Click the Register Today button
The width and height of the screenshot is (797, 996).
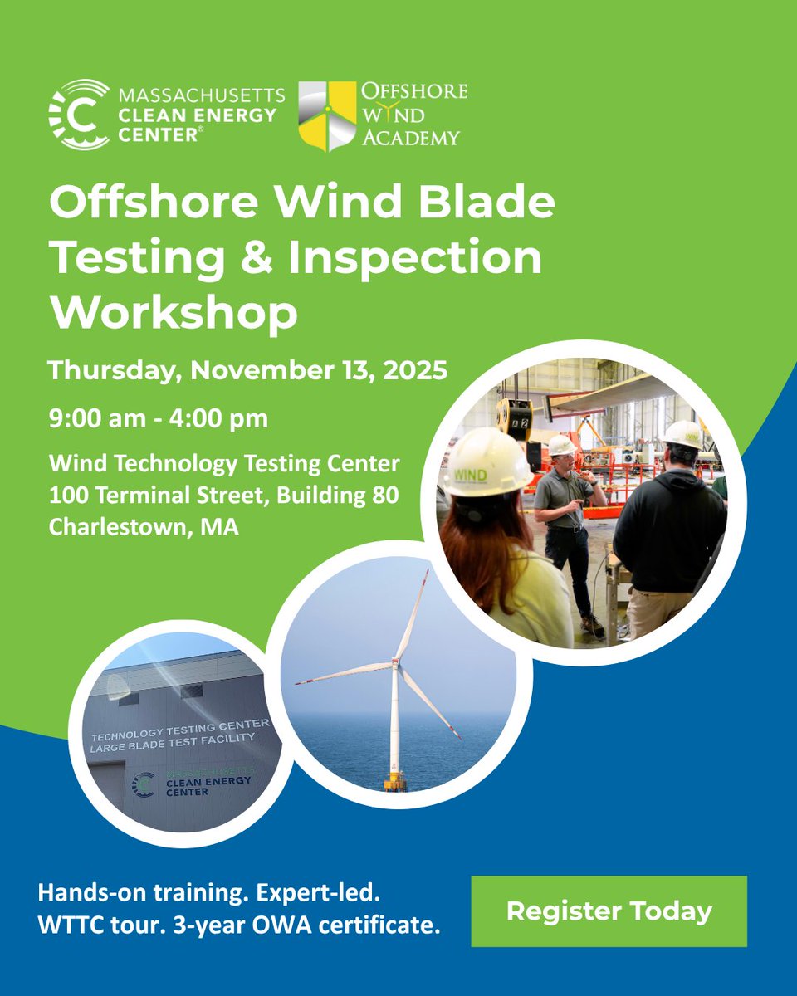[609, 911]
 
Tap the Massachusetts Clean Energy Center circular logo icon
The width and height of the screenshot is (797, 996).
[79, 115]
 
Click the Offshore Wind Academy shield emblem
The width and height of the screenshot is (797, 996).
[327, 115]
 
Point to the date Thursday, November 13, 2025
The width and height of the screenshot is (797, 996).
[247, 369]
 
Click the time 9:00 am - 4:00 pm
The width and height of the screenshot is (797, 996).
[158, 418]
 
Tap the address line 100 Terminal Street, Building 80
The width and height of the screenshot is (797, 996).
[223, 496]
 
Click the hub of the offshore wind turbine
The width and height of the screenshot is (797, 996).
[395, 662]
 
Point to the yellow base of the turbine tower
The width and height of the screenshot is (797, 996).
[394, 781]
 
